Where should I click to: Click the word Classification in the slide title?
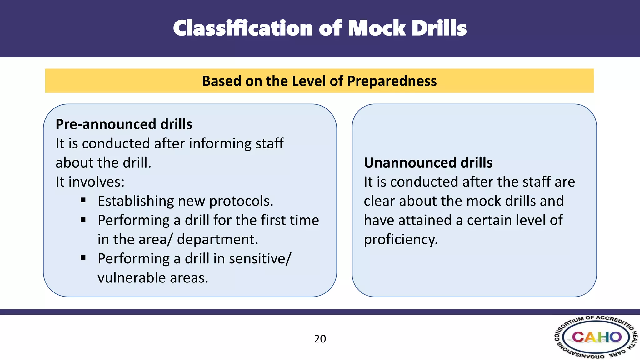(243, 28)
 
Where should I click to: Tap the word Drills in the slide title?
(439, 28)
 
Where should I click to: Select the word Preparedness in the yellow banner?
(392, 81)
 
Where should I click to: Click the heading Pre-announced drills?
(124, 124)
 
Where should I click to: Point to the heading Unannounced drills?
(428, 162)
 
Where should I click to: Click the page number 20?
(320, 339)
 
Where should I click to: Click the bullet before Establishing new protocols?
(83, 200)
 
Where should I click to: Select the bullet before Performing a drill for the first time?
(83, 220)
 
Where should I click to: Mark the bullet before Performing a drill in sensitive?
(83, 258)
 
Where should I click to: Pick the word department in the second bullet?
(217, 240)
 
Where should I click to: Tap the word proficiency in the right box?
(401, 240)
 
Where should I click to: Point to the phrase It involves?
(90, 182)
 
